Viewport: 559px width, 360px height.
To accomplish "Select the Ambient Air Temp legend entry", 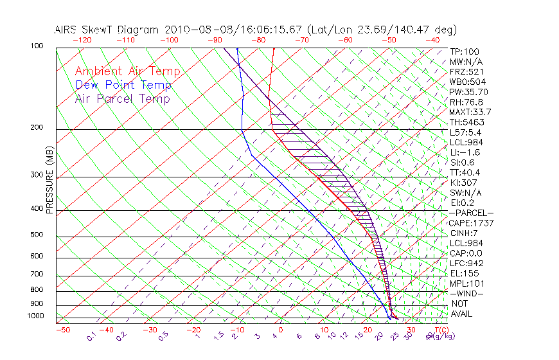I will pyautogui.click(x=127, y=71).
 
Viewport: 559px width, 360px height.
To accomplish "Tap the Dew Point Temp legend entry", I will pyautogui.click(x=123, y=85).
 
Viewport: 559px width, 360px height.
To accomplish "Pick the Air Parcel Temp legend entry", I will pyautogui.click(x=122, y=98).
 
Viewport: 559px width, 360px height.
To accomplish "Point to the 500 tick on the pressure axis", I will pyautogui.click(x=37, y=235).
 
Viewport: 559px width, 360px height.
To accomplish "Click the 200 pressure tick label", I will pyautogui.click(x=37, y=128).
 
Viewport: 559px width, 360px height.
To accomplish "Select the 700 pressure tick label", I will pyautogui.click(x=37, y=274).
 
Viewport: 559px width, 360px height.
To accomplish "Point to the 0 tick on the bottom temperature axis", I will pyautogui.click(x=281, y=330).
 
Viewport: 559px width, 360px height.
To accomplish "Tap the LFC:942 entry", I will pyautogui.click(x=465, y=264).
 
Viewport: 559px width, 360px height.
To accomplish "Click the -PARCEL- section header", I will pyautogui.click(x=471, y=213).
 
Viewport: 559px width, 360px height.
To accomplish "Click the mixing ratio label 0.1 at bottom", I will pyautogui.click(x=92, y=336).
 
